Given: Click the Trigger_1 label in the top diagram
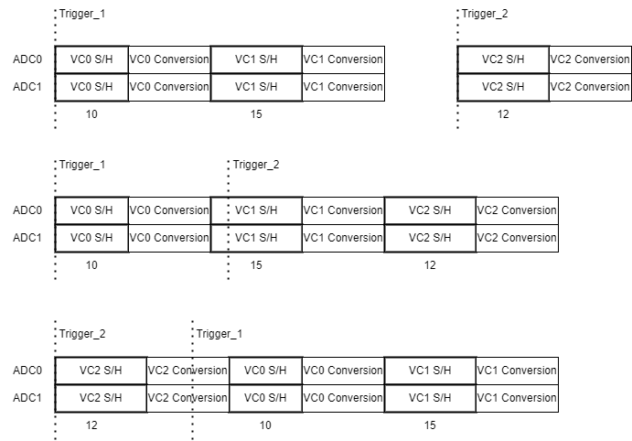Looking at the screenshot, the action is coord(82,14).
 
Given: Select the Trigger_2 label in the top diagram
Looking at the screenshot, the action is coord(485,14).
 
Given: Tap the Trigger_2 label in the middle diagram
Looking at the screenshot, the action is coord(256,165).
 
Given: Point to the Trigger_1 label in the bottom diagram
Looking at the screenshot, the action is coord(220,334).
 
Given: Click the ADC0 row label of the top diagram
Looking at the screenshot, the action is coord(27,59).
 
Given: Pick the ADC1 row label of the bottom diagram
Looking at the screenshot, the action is coord(27,398).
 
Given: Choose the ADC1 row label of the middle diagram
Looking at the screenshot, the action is coord(27,238).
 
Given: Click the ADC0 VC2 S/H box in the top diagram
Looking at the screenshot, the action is coord(503,59).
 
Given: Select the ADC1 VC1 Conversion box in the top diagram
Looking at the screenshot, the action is coord(343,87).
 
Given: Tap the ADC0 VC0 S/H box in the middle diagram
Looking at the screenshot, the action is coord(91,210).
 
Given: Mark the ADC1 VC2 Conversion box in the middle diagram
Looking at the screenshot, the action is coord(517,238).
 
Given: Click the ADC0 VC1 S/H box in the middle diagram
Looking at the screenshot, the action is coord(256,210).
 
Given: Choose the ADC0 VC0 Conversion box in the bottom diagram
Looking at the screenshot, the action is coord(343,371).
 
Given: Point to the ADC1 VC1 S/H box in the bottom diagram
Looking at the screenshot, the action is coord(430,398).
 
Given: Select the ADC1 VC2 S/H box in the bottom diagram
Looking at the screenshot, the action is coord(101,398).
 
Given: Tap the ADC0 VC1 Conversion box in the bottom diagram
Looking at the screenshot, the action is coord(517,371).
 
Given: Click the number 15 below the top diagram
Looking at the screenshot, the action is coord(256,114).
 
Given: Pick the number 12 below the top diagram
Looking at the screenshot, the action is coord(503,114).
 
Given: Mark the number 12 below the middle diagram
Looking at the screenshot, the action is coord(430,265).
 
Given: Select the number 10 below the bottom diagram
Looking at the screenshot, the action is coord(265,425).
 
